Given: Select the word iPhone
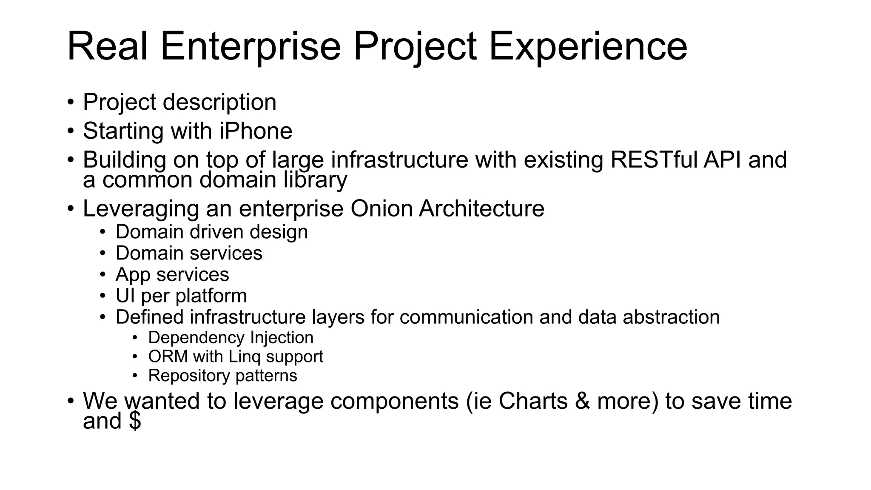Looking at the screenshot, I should (x=256, y=131).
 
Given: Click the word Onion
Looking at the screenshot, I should (x=381, y=208).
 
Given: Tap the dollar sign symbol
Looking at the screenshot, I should (x=135, y=421).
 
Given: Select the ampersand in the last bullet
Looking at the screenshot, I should (x=582, y=401).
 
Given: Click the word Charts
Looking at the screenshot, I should (x=533, y=401).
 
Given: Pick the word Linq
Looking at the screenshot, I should (x=244, y=356).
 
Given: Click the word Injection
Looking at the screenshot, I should (x=282, y=338).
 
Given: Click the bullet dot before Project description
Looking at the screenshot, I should (x=71, y=103).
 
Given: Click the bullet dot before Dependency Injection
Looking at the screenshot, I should (x=135, y=338).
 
